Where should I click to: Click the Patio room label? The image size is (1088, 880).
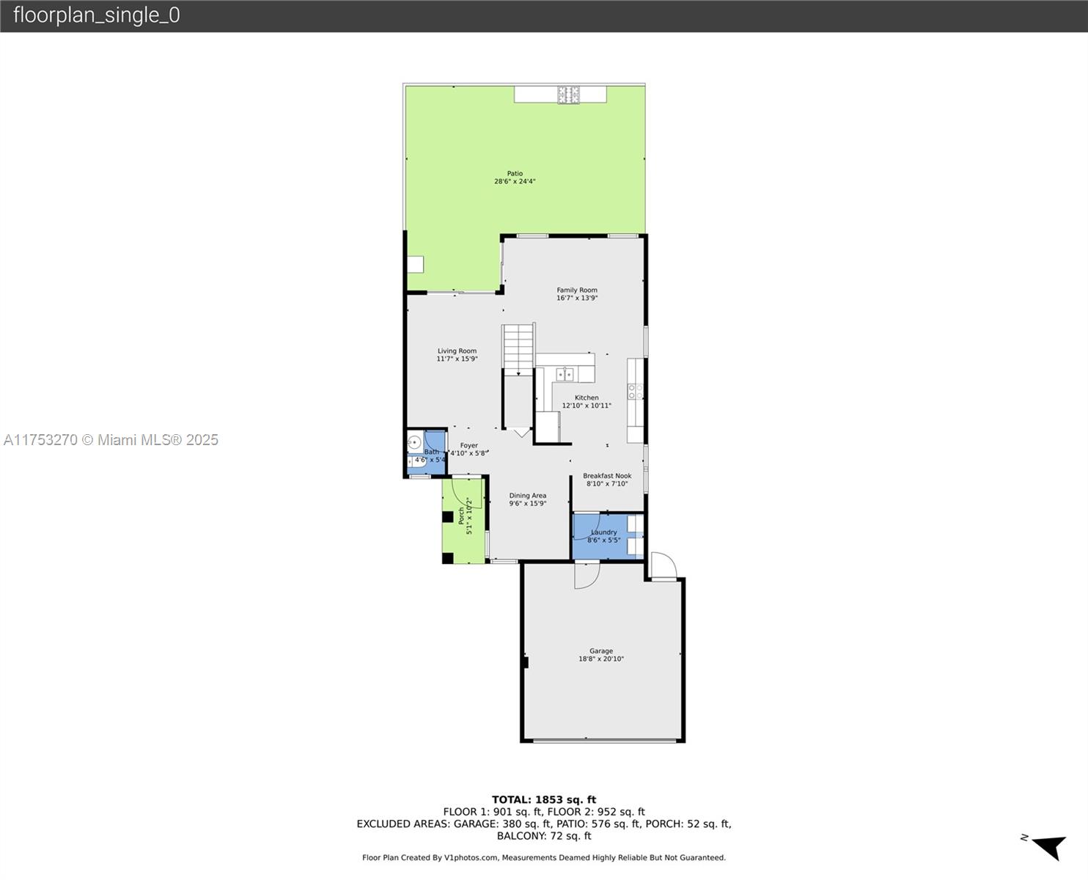tap(515, 174)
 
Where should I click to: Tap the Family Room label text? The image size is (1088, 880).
tap(577, 290)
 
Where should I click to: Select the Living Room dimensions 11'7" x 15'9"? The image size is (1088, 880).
tap(457, 359)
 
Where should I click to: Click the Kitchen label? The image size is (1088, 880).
tap(587, 397)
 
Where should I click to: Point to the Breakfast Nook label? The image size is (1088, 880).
tap(607, 475)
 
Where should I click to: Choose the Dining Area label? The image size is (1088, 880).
tap(528, 496)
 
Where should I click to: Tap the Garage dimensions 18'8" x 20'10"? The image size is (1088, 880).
tap(600, 659)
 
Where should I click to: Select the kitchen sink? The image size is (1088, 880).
tap(565, 375)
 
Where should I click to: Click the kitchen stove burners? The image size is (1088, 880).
tap(636, 392)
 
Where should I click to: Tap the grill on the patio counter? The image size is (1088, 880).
tap(568, 95)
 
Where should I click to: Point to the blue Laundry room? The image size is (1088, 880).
tap(607, 536)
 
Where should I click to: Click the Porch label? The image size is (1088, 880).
tap(461, 516)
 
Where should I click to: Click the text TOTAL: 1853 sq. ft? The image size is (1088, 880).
tap(544, 800)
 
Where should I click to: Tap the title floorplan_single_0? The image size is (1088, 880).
tap(97, 15)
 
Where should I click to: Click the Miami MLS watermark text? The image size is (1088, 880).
tap(111, 440)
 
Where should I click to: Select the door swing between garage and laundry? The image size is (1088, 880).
tap(587, 576)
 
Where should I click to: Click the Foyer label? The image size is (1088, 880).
tap(469, 445)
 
